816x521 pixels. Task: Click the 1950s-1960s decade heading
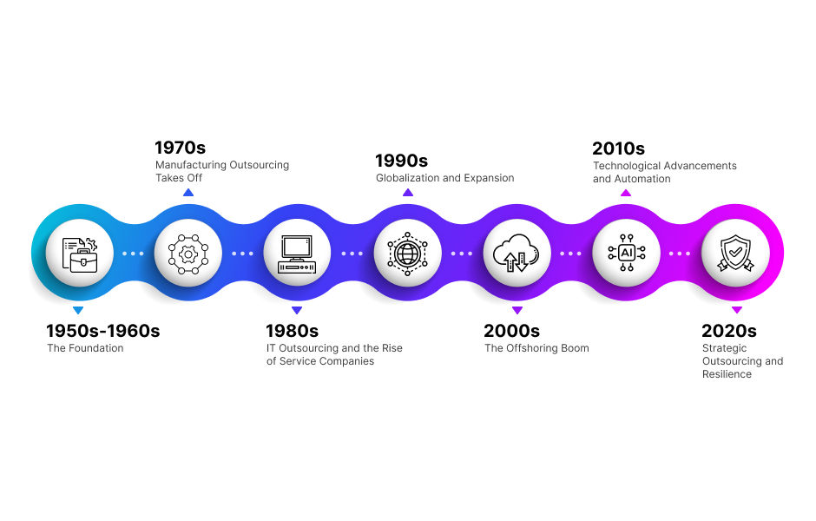tap(103, 331)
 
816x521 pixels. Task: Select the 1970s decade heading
tap(181, 148)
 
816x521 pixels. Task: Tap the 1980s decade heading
tap(292, 331)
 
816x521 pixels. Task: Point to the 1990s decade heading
tap(401, 161)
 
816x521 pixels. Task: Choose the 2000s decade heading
tap(511, 331)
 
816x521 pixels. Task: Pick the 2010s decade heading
tap(618, 148)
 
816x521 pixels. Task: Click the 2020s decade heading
tap(729, 331)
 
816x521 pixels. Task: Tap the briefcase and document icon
tap(79, 254)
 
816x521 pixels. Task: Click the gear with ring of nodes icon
tap(188, 254)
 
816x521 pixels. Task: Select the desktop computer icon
tap(298, 254)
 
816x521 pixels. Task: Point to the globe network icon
tap(407, 254)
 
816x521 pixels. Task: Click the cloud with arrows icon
tap(517, 254)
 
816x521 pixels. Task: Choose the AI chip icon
tap(626, 254)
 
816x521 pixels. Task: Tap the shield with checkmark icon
tap(735, 254)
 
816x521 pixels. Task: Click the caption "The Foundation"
tap(85, 348)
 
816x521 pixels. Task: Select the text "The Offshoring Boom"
tap(536, 348)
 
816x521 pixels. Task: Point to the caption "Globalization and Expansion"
tap(444, 178)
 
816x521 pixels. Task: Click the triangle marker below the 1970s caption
tap(188, 192)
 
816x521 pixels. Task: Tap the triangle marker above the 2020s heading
tap(736, 310)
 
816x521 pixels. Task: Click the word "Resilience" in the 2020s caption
tap(727, 374)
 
